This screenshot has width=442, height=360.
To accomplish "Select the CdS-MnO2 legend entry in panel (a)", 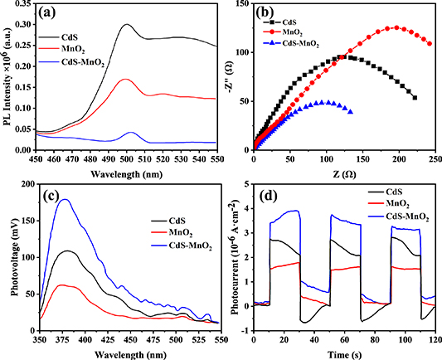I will [85, 67].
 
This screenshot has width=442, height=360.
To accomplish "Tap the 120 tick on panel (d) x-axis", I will [434, 340].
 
